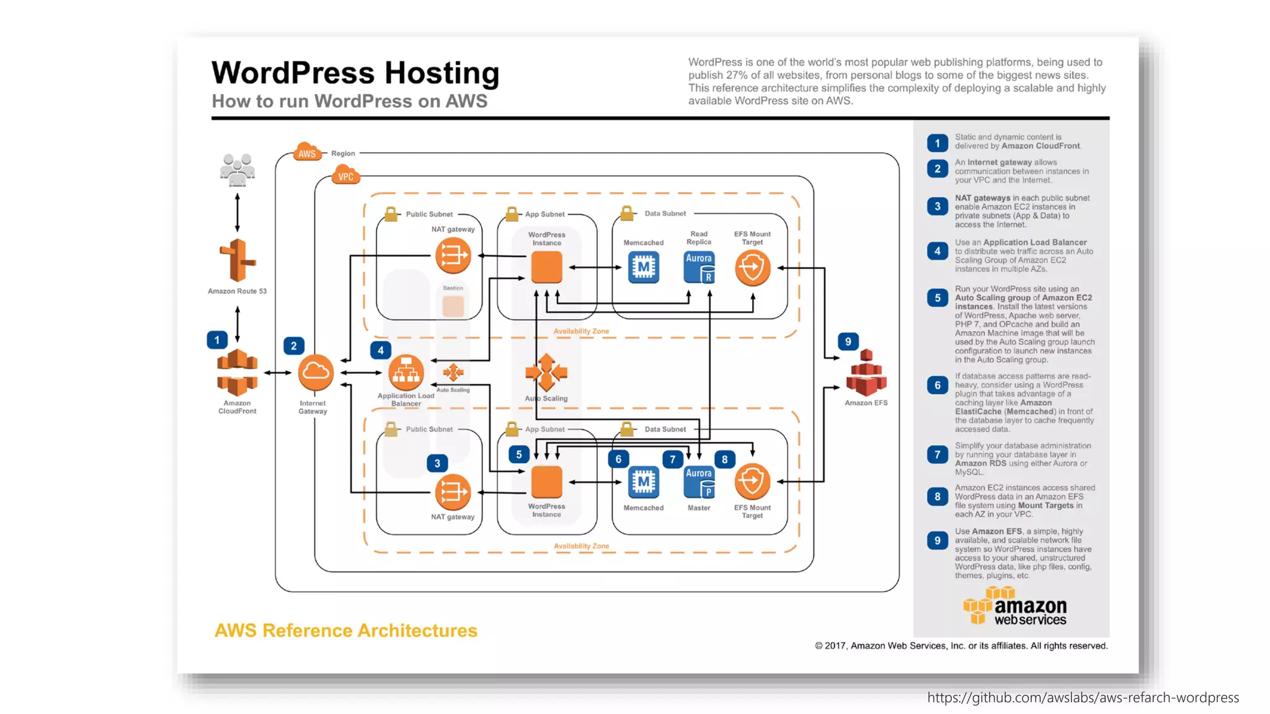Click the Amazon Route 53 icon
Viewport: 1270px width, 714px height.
[237, 260]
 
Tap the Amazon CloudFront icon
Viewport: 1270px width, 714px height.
[237, 373]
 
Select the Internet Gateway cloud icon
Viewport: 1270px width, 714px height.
[316, 372]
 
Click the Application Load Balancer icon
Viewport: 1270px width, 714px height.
[406, 372]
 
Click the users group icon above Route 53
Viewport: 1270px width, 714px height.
[237, 169]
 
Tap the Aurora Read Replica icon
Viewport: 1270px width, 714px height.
[699, 267]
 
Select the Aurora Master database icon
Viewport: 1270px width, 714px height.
[699, 482]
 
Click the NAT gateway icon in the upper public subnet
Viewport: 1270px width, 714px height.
[453, 255]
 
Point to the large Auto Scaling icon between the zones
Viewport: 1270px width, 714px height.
[546, 372]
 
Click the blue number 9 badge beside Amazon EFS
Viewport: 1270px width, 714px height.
[848, 342]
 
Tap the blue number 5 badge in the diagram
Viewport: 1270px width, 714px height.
[519, 454]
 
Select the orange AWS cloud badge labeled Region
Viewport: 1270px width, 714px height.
[308, 152]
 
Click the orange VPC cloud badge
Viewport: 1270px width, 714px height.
[345, 176]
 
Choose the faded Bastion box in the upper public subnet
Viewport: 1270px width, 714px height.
[453, 306]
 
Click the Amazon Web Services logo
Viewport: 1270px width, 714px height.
[1015, 606]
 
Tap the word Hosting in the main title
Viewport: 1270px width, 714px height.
[442, 73]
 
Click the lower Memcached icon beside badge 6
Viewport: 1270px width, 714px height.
[644, 482]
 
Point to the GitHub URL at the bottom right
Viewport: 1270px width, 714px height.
[1083, 698]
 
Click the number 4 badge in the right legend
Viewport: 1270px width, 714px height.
[937, 251]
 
